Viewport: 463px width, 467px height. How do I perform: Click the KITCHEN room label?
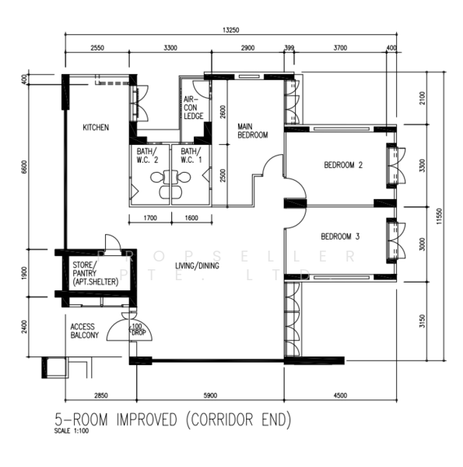coord(96,127)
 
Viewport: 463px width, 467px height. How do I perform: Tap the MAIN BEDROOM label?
coord(252,130)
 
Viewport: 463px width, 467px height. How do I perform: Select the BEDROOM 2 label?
coord(344,165)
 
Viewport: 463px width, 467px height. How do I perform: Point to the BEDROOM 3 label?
coord(340,235)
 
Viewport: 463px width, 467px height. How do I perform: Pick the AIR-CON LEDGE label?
coord(193,108)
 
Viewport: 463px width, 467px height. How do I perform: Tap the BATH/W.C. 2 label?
coord(147,156)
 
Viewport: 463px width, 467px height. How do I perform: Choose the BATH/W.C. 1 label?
coord(191,156)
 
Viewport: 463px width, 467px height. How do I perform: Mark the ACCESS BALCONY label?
coord(85,331)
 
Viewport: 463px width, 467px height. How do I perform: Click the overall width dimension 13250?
coord(231,30)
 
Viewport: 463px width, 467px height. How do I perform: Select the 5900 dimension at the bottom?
coord(212,395)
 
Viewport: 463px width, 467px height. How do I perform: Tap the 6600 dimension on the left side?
coord(25,167)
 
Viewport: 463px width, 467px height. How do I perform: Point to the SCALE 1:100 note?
coord(72,431)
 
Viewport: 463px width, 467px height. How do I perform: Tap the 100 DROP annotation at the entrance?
coord(137,329)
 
